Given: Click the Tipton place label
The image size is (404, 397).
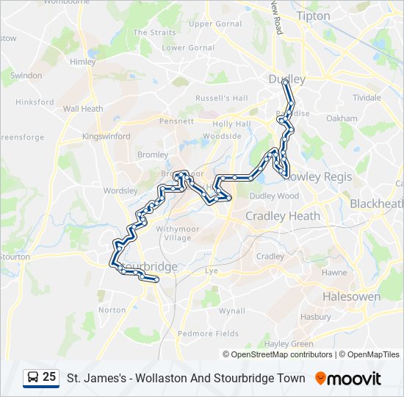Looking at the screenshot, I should click(x=313, y=15).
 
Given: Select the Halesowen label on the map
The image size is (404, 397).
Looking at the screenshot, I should click(x=351, y=297).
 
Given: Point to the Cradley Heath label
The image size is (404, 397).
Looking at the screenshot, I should click(x=283, y=216).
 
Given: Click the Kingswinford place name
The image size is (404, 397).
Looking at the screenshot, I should click(x=107, y=136).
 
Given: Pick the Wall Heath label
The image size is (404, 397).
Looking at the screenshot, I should click(x=83, y=109).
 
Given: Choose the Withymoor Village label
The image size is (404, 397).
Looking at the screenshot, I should click(x=173, y=233).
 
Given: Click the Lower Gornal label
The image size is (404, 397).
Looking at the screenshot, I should click(x=184, y=48).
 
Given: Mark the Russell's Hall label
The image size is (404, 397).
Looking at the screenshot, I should click(x=222, y=98).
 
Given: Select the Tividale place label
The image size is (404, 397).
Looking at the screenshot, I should click(x=367, y=97).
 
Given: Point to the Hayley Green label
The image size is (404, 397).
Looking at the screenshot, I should click(x=289, y=343).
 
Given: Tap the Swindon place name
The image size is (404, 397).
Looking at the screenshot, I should click(x=27, y=76).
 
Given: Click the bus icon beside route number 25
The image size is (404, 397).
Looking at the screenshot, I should click(x=32, y=378).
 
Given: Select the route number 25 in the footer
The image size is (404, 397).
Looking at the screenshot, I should click(x=49, y=377).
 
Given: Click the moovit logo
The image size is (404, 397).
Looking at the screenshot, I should click(x=348, y=379).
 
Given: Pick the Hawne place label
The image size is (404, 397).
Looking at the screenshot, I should click(x=334, y=272).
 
